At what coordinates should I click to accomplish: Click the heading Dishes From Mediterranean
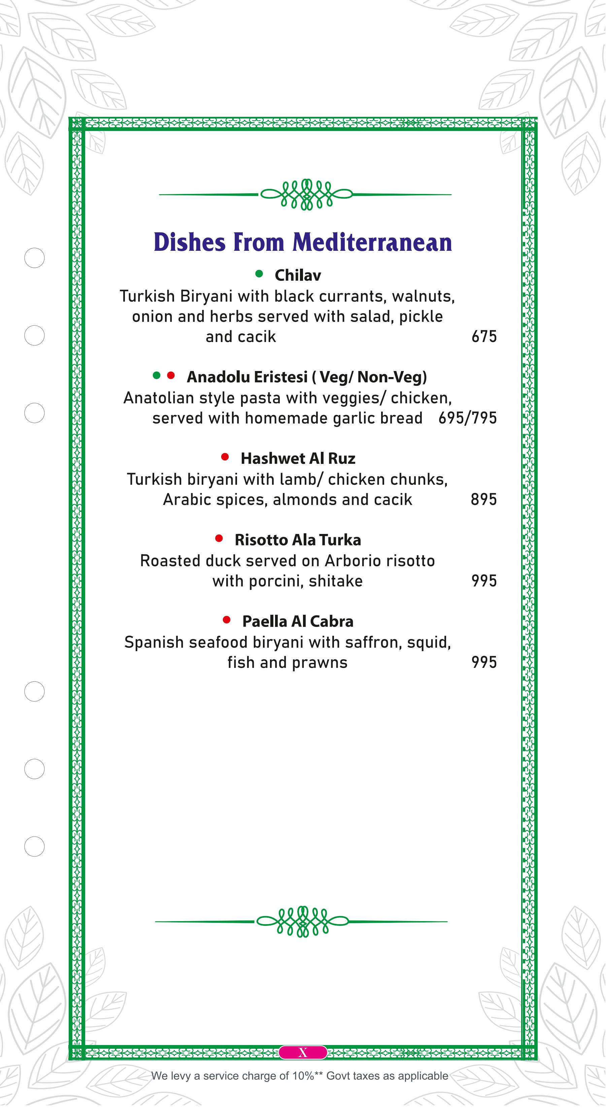[x=303, y=242]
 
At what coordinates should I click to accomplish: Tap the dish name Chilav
[x=298, y=275]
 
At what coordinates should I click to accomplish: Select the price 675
[x=484, y=336]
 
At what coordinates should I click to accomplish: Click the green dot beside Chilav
[x=259, y=273]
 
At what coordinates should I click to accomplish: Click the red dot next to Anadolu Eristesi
[x=171, y=375]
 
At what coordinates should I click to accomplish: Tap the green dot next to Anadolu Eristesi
[x=157, y=375]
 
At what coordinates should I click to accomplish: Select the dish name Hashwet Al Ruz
[x=298, y=459]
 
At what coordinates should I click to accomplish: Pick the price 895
[x=483, y=499]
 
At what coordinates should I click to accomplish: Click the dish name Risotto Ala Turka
[x=298, y=540]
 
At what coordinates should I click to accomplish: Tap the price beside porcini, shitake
[x=484, y=581]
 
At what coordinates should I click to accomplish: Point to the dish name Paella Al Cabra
[x=298, y=621]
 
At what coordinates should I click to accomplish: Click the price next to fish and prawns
[x=484, y=663]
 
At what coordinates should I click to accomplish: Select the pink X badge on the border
[x=303, y=1052]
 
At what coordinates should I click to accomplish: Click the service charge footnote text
[x=299, y=1076]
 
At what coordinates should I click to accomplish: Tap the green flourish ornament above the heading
[x=306, y=195]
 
